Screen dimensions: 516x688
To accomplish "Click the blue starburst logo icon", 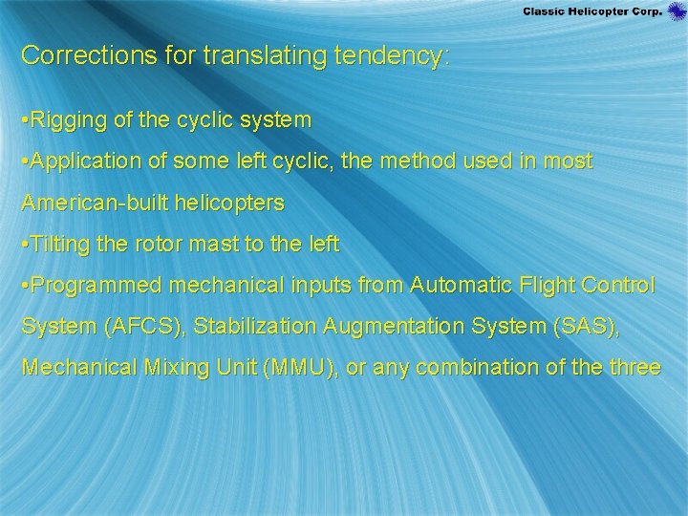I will pos(677,11).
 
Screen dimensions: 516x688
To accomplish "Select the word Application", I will pos(85,162).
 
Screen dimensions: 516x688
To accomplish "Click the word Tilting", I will pos(59,245).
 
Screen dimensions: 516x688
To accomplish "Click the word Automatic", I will pos(459,285).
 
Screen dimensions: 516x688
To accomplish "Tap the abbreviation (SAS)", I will pos(584,326).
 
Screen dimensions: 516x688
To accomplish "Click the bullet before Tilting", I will pos(25,245).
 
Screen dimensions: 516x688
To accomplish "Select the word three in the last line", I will pos(634,367).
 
